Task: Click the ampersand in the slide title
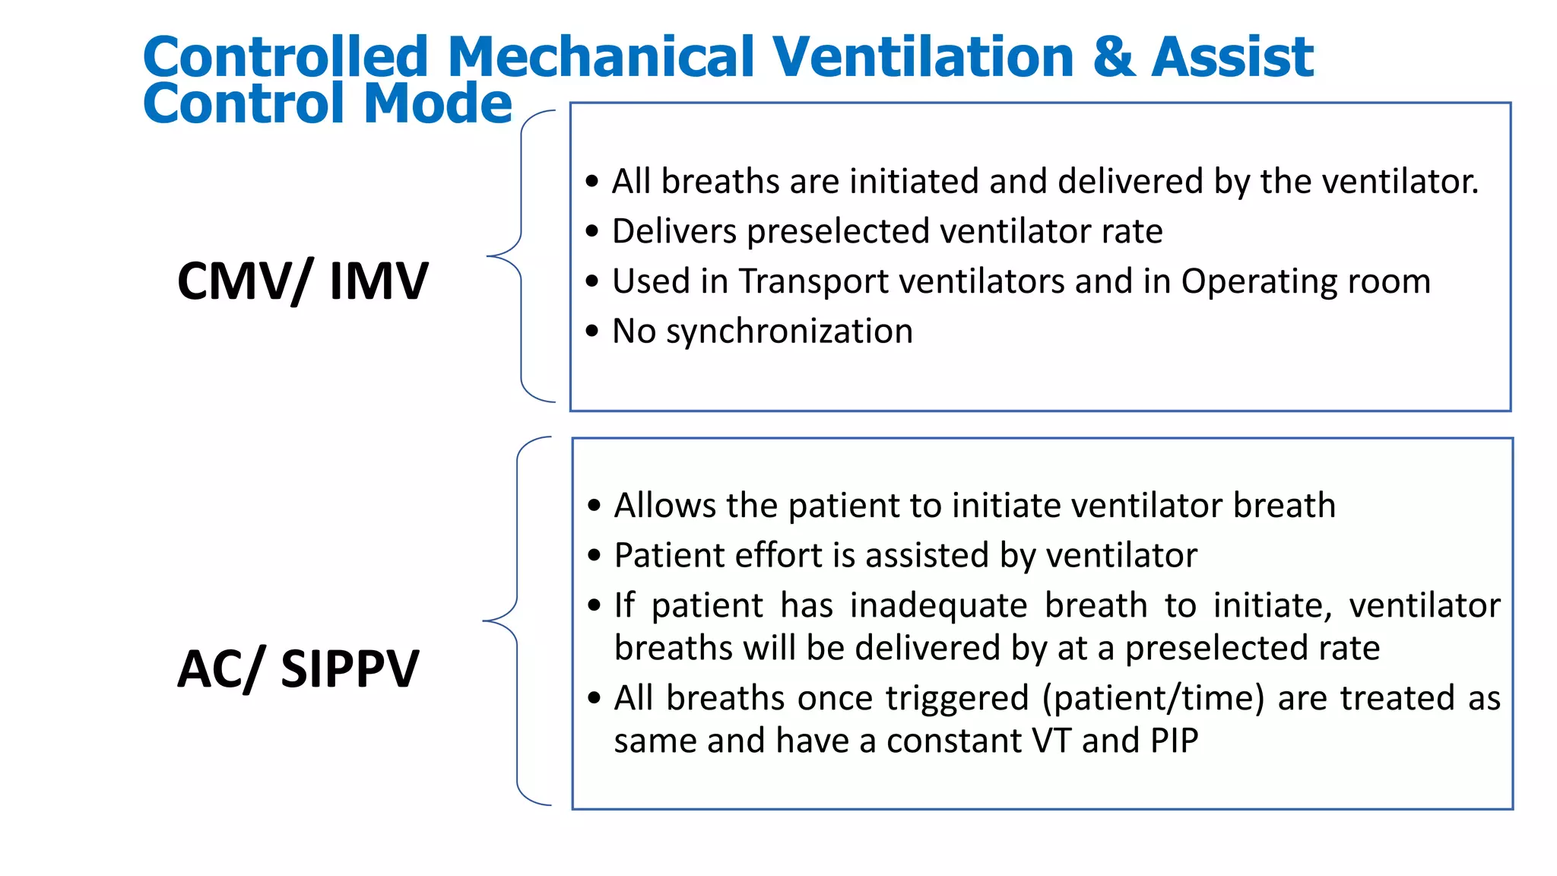click(1114, 58)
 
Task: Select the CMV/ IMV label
click(303, 281)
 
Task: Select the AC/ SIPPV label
click(298, 669)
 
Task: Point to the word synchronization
click(789, 332)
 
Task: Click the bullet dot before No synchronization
click(593, 331)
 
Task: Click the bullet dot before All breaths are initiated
click(593, 182)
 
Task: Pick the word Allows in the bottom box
click(664, 506)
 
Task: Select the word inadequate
click(938, 606)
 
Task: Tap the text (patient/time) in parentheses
click(1153, 699)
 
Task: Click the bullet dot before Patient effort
click(595, 556)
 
